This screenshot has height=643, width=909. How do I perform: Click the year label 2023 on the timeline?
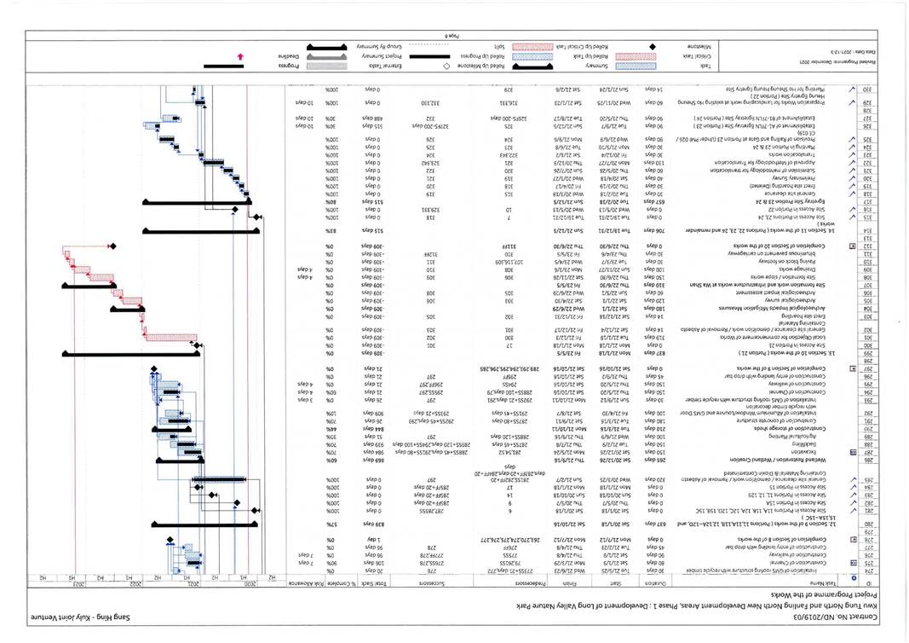point(78,587)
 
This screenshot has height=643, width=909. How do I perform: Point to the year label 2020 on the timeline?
point(250,587)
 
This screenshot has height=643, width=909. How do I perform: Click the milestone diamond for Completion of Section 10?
point(112,246)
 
